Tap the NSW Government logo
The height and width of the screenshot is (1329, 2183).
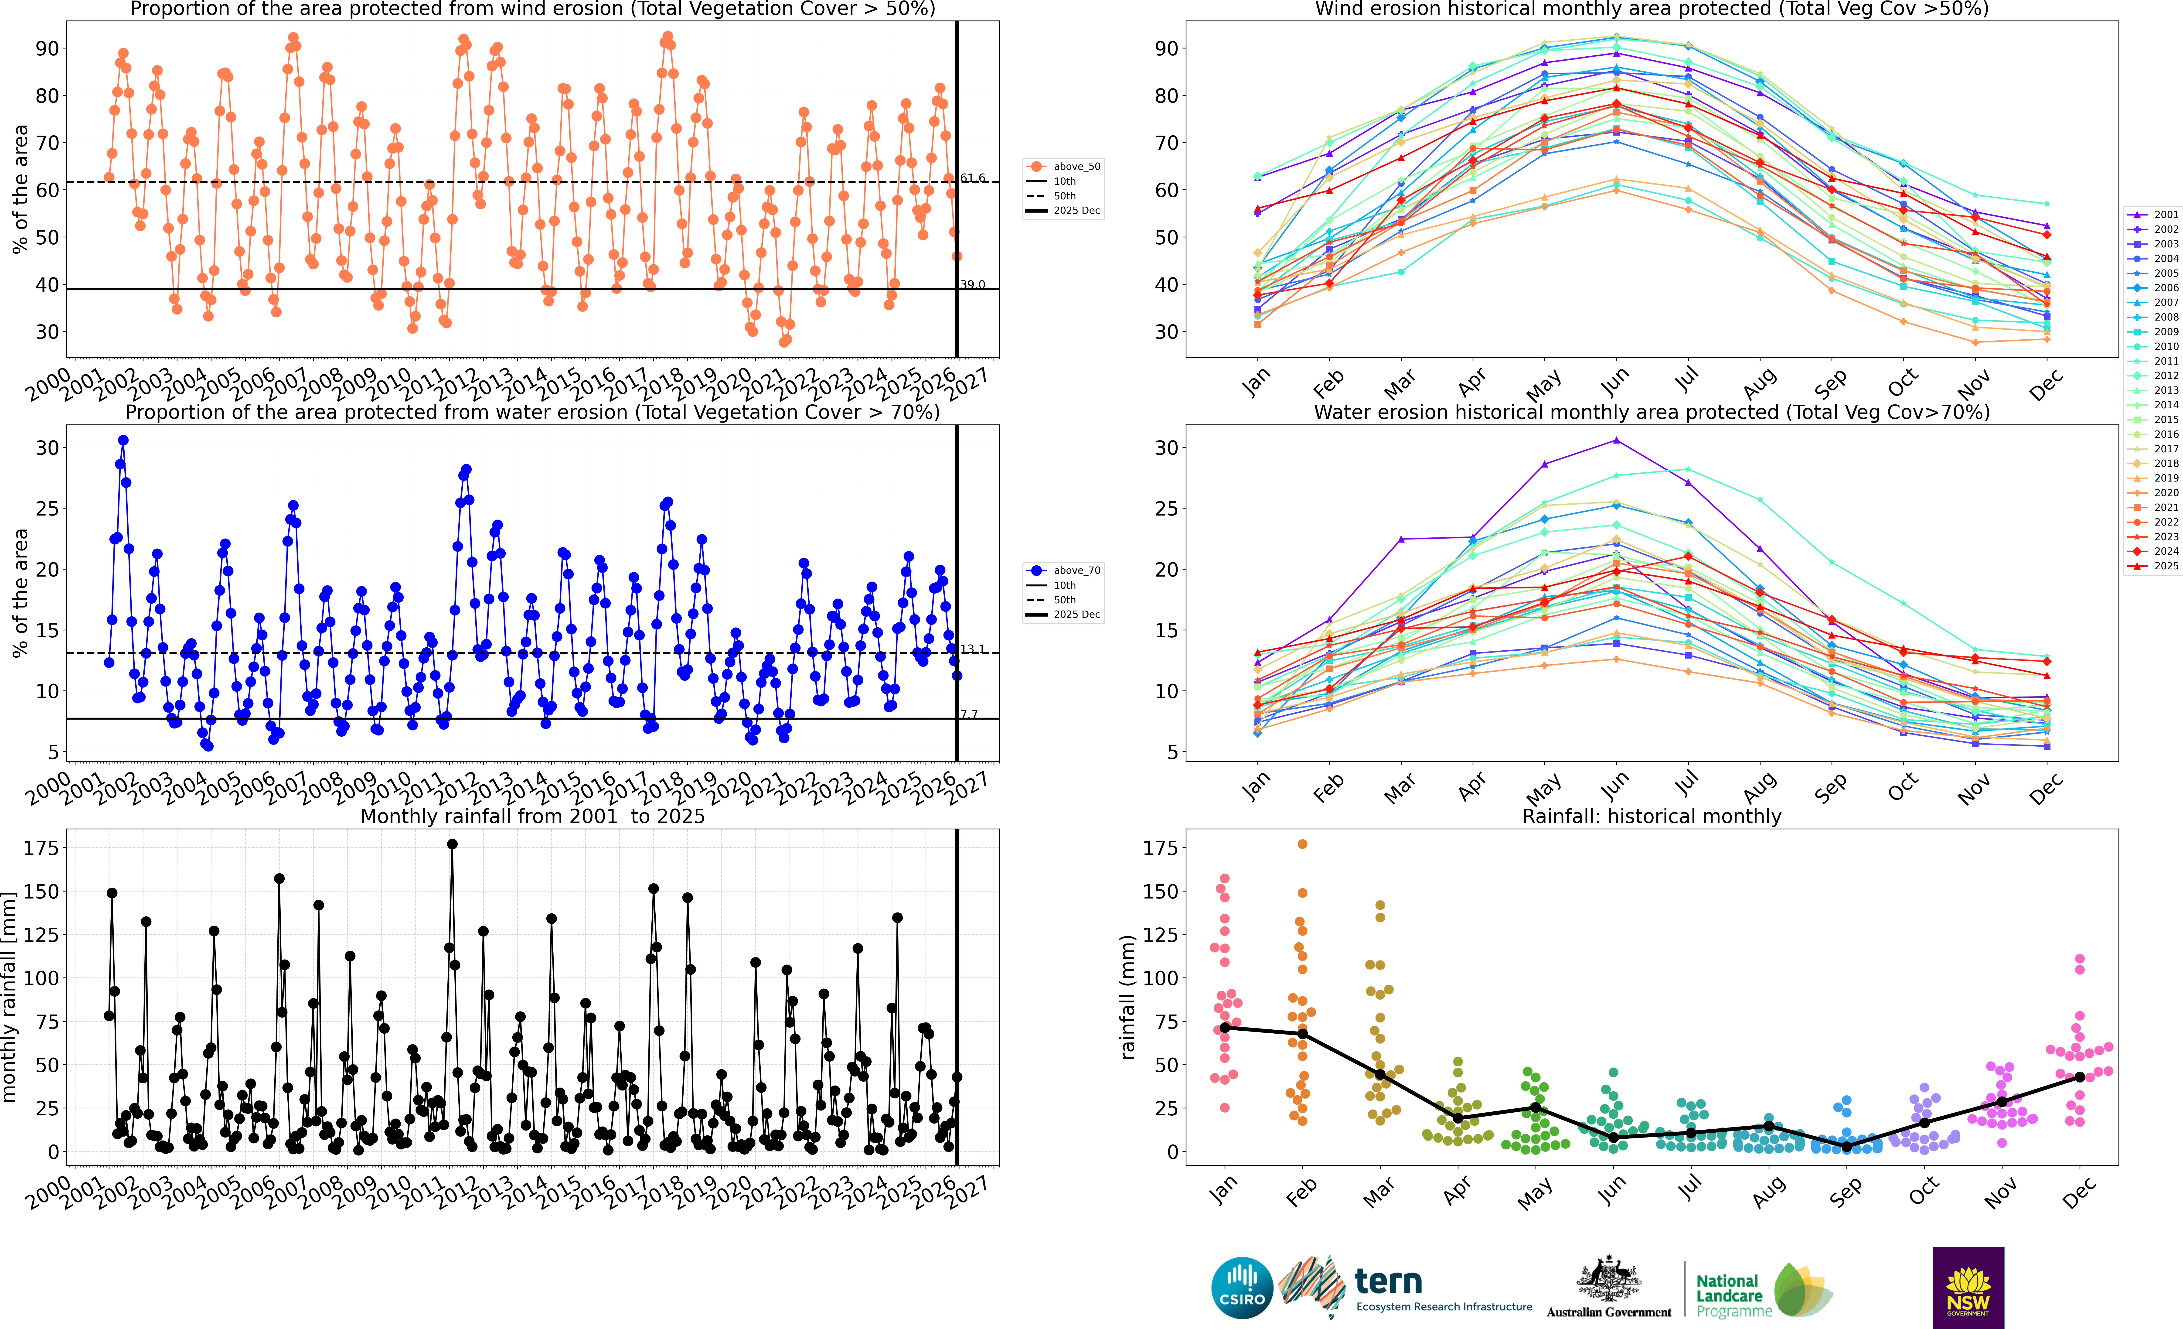[1968, 1287]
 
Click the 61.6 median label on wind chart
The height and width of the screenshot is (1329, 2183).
[973, 178]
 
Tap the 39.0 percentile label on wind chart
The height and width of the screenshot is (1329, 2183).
[973, 284]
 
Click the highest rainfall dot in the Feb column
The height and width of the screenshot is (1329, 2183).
[1302, 844]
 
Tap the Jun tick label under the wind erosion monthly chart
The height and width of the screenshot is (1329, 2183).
[1614, 381]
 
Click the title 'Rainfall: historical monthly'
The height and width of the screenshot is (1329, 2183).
[1652, 816]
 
